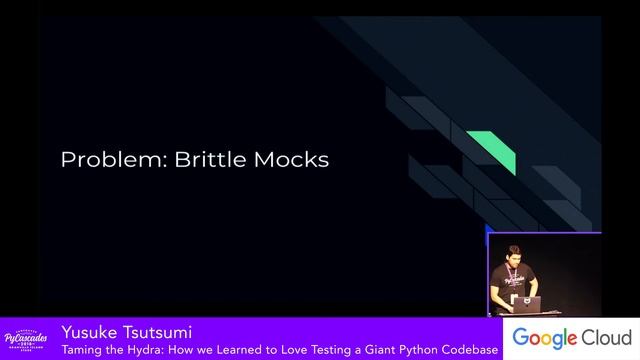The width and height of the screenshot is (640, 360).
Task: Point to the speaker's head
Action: [513, 255]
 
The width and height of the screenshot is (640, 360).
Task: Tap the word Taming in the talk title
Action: [79, 350]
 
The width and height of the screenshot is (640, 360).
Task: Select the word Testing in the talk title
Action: [314, 350]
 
